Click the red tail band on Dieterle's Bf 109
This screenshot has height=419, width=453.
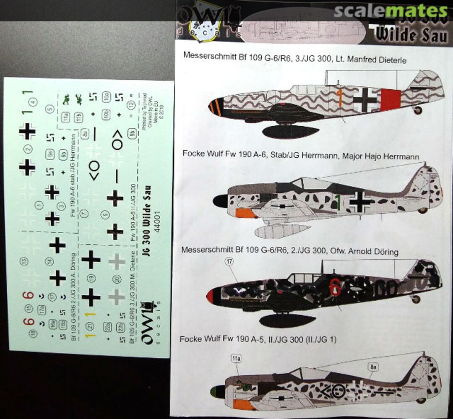click(x=391, y=100)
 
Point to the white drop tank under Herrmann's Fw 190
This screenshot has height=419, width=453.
click(x=283, y=231)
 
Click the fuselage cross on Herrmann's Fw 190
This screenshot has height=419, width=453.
click(x=360, y=202)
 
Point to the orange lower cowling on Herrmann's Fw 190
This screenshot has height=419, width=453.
click(x=246, y=213)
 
